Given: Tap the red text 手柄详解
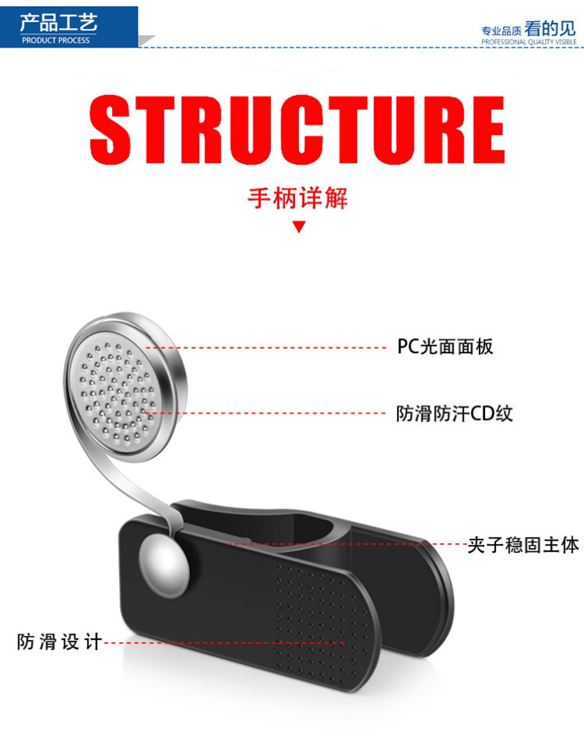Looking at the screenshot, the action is (x=297, y=198).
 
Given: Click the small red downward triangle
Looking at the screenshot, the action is (x=298, y=228).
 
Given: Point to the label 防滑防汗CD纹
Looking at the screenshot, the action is (x=455, y=412).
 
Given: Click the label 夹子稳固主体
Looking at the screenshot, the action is (x=523, y=544).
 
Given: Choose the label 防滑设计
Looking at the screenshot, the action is (x=59, y=643).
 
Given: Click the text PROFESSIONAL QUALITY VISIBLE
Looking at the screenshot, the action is (x=529, y=41).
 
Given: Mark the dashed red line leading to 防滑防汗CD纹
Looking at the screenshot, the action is (x=273, y=412).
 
